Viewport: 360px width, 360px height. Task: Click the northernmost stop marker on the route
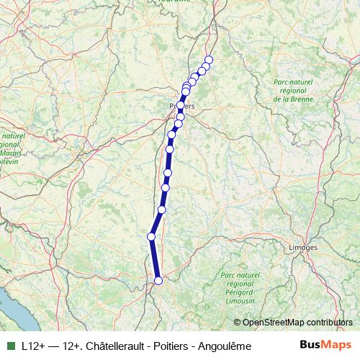pyautogui.click(x=210, y=60)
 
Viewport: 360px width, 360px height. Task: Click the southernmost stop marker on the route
pyautogui.click(x=158, y=280)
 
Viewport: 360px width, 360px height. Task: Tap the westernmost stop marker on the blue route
pyautogui.click(x=151, y=236)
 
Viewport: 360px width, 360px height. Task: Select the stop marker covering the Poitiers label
pyautogui.click(x=180, y=106)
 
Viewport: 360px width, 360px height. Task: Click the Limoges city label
pyautogui.click(x=302, y=248)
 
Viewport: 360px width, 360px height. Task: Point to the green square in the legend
pyautogui.click(x=10, y=346)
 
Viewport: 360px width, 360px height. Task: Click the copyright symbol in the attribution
pyautogui.click(x=237, y=322)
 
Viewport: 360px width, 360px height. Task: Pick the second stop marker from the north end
pyautogui.click(x=205, y=66)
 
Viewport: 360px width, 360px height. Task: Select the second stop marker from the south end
pyautogui.click(x=151, y=236)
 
